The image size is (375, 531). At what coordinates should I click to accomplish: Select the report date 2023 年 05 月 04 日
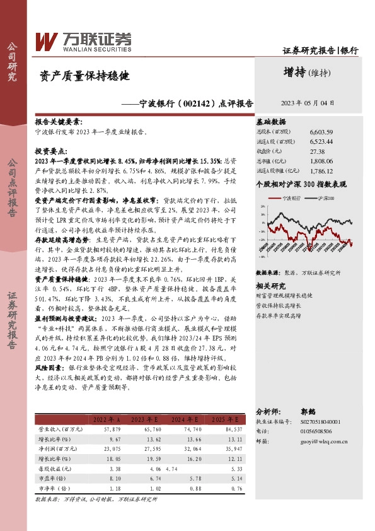click(x=307, y=103)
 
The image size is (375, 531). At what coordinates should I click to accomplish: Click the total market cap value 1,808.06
click(x=321, y=161)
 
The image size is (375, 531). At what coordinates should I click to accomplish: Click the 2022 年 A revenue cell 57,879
click(x=110, y=446)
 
